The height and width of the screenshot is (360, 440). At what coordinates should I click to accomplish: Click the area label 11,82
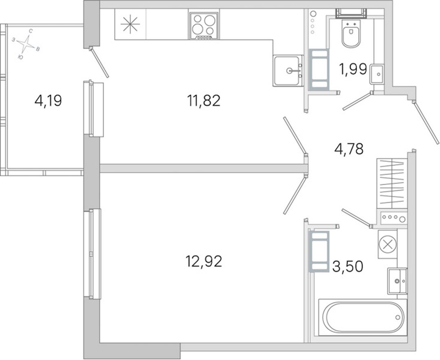click(204, 101)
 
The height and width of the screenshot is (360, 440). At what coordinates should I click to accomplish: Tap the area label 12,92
click(204, 261)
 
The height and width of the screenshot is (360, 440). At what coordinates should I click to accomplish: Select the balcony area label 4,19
click(48, 101)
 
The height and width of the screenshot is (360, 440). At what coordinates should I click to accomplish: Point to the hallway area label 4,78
click(349, 149)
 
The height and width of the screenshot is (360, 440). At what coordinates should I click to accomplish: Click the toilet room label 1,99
click(353, 69)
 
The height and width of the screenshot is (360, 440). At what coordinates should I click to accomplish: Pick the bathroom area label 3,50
click(348, 266)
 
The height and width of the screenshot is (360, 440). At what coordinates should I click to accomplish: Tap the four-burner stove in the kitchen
click(204, 26)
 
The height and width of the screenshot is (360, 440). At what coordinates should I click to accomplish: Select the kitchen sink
click(288, 71)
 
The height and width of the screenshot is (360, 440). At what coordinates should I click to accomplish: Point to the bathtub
click(363, 317)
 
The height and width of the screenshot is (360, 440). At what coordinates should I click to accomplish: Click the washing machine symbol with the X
click(387, 244)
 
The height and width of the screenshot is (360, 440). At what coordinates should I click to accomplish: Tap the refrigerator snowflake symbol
click(130, 24)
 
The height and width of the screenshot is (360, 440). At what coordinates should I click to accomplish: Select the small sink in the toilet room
click(376, 74)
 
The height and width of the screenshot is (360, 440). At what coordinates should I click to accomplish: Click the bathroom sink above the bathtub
click(397, 281)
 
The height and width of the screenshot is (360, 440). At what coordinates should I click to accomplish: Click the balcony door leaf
click(99, 62)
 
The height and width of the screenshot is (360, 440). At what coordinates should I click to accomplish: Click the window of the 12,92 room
click(92, 254)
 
